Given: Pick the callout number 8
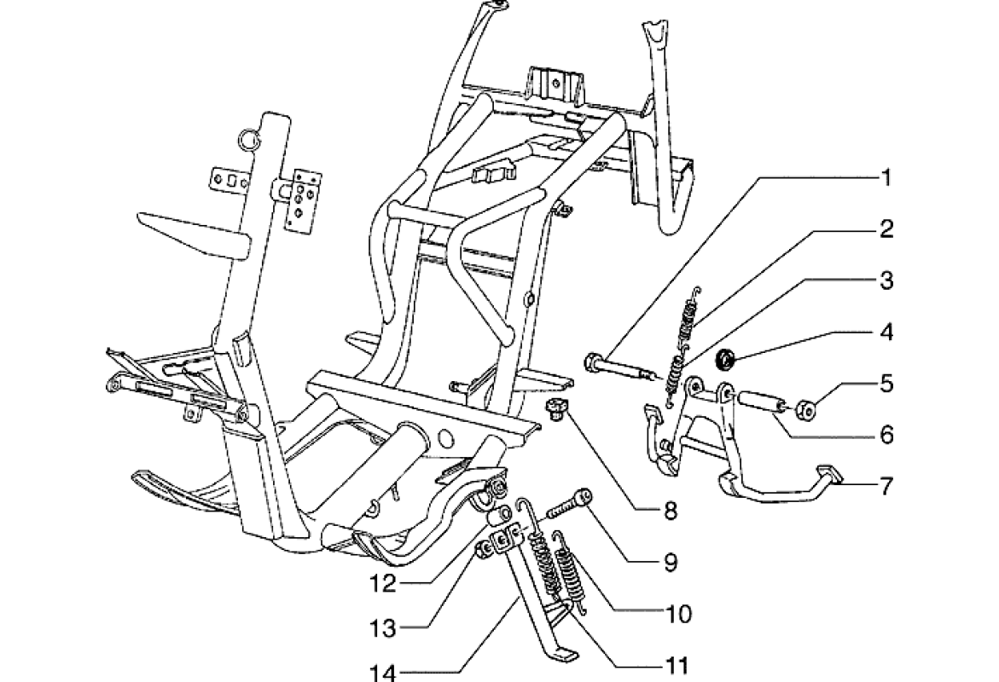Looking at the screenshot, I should (x=671, y=511).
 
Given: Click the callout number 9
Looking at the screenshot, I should (x=671, y=562).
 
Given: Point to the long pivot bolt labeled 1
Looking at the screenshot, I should (x=623, y=368).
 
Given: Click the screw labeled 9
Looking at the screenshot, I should (x=565, y=506).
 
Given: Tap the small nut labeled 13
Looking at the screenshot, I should (x=483, y=552).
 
